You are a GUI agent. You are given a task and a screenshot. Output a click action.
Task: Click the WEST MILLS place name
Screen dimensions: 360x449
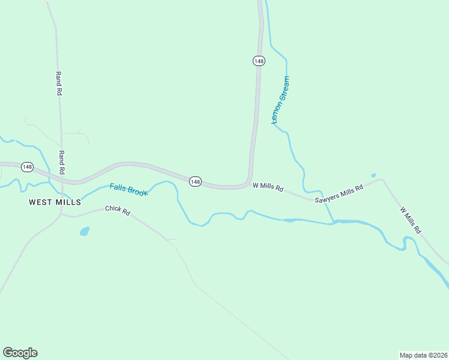[x=55, y=202]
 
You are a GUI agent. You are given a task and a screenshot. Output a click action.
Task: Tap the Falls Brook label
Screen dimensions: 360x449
[x=128, y=190]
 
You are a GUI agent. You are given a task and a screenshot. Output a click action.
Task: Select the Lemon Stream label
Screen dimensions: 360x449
[x=280, y=100]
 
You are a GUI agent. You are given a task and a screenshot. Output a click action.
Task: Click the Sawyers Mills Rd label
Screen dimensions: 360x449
[x=339, y=193]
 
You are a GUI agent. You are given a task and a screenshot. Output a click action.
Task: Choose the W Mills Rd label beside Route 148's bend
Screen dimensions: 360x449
[x=268, y=187]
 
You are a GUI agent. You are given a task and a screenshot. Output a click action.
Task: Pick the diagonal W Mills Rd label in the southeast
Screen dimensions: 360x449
[x=411, y=220]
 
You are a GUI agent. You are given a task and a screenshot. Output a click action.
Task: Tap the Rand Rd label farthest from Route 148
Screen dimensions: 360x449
[x=59, y=84]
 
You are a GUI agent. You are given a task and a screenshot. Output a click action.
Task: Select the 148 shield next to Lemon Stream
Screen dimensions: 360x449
[x=258, y=61]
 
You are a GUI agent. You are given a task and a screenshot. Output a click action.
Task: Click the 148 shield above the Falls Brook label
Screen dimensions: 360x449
[x=195, y=181]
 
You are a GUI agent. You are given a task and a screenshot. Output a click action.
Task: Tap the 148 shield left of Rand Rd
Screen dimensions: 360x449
[x=27, y=167]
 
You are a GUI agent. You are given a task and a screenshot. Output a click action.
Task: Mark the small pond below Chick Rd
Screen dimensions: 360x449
[x=85, y=231]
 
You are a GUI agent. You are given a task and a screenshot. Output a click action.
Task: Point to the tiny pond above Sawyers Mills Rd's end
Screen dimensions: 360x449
[x=373, y=175]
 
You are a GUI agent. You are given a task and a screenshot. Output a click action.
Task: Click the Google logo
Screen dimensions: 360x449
[x=20, y=353]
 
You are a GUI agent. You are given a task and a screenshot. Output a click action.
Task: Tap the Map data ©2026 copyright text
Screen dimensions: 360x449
[x=423, y=355]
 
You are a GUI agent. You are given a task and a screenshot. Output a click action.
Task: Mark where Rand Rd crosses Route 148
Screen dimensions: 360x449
[x=62, y=178]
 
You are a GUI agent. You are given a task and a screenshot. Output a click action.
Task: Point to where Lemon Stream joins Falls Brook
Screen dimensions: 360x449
[x=333, y=223]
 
